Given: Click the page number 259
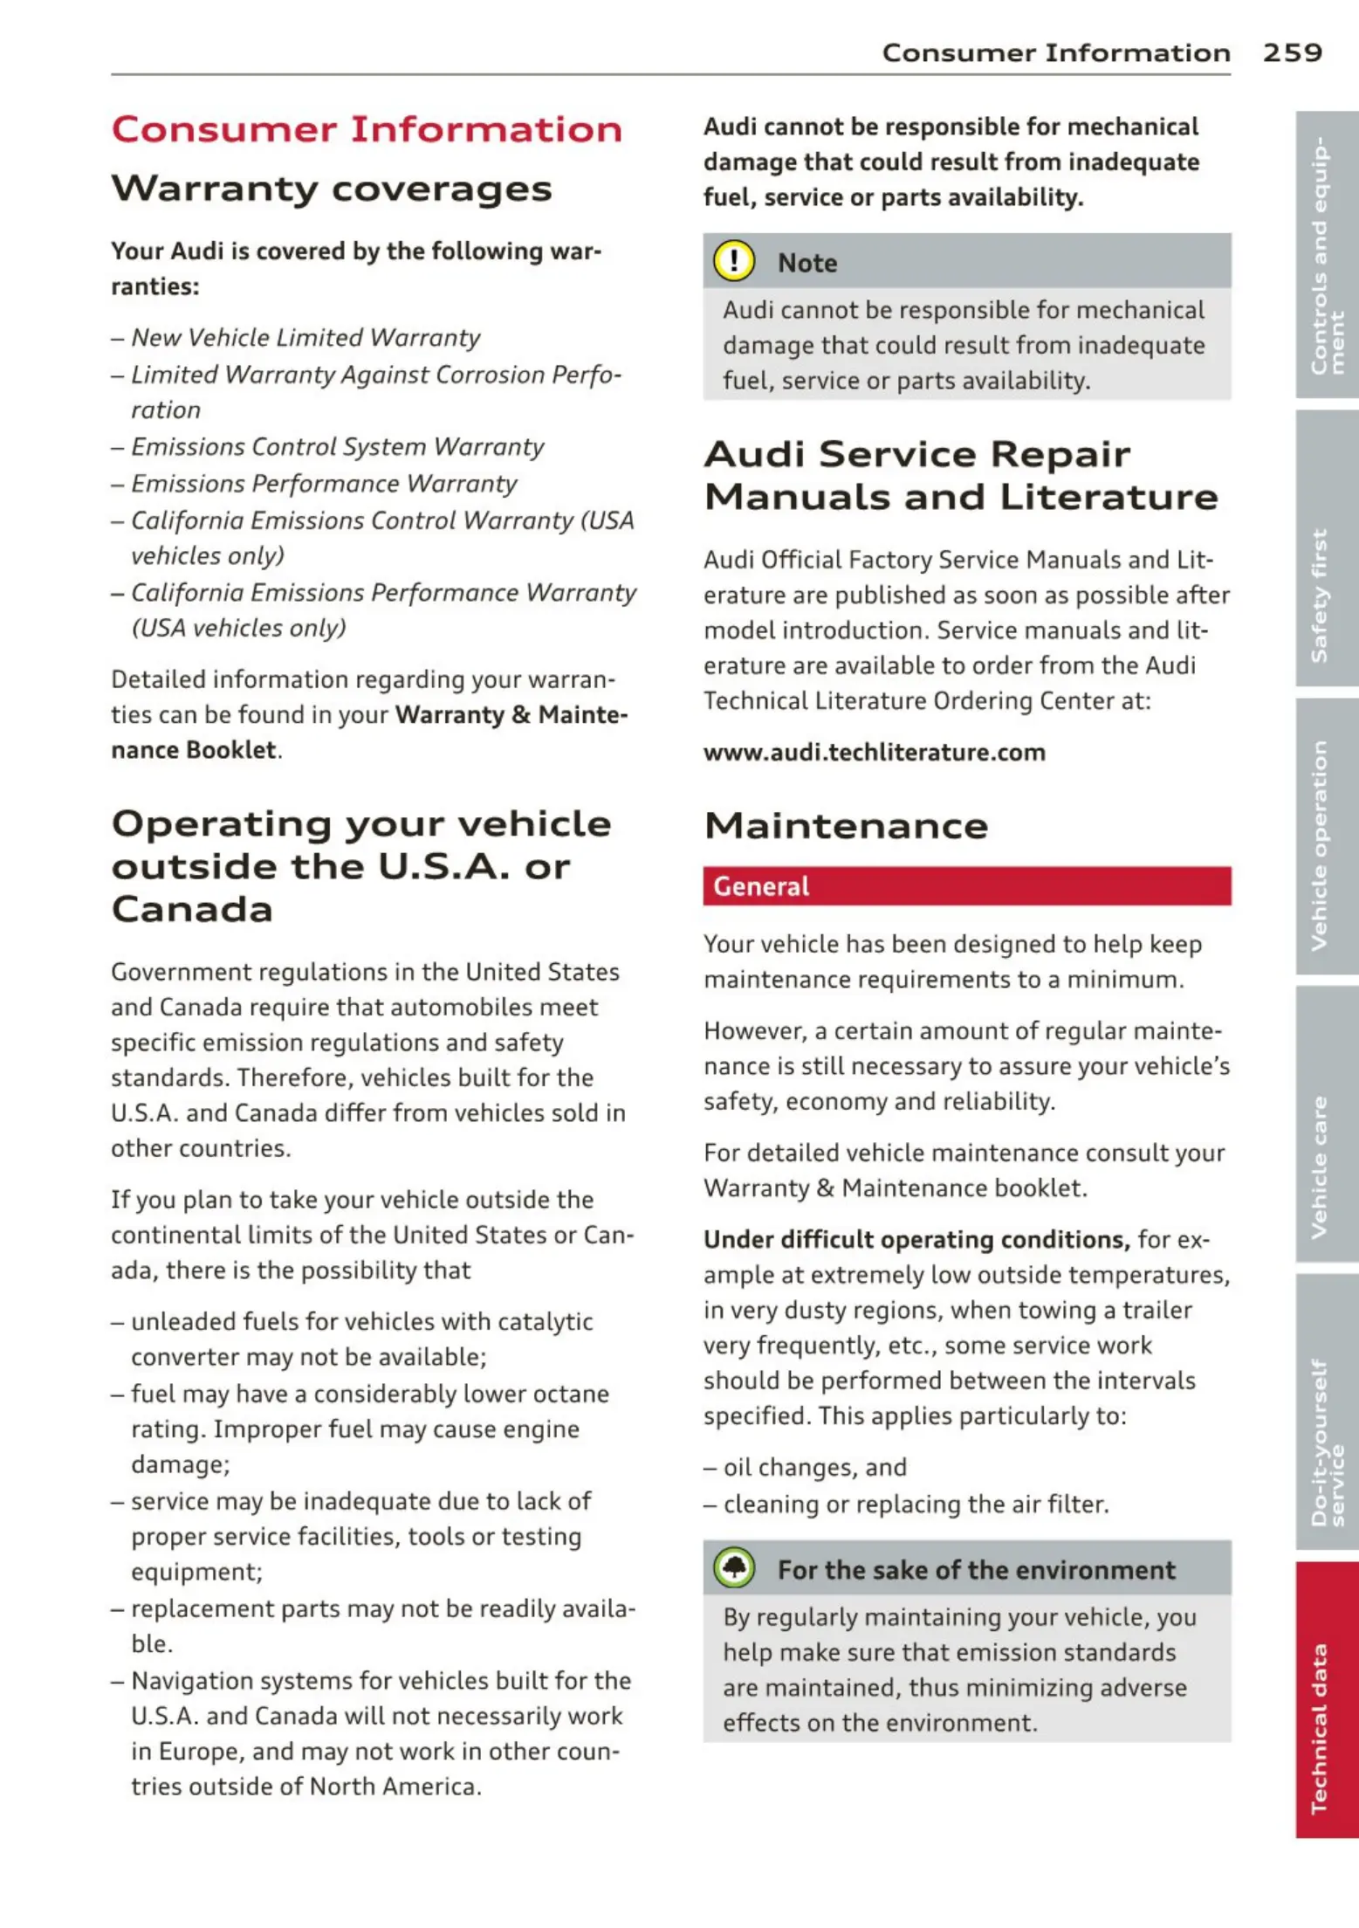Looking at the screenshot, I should pos(1292,52).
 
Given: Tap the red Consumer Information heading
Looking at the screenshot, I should pos(367,129).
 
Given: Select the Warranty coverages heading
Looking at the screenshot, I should pos(332,189).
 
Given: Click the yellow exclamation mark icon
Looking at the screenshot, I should pos(734,261).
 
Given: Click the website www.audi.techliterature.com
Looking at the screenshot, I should pos(874,752).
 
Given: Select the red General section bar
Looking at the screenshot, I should pos(967,885).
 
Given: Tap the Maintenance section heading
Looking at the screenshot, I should pos(846,825).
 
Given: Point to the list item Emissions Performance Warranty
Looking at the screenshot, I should pos(324,483).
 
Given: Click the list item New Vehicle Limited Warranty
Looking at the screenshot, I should pos(305,337).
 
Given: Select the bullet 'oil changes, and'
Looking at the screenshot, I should pos(814,1467).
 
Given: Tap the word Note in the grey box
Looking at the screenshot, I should pos(807,263).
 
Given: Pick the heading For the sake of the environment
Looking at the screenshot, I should pos(976,1569).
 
